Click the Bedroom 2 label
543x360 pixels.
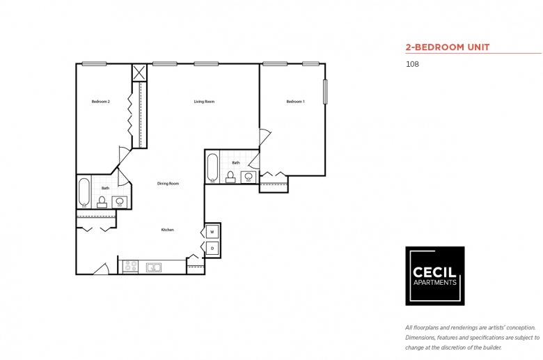[101, 102]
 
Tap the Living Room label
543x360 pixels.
[204, 102]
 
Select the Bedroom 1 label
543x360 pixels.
[295, 102]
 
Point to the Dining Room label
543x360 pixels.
[168, 184]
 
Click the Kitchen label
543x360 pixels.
[168, 230]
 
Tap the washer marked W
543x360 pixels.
[212, 232]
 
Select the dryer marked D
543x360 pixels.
[212, 248]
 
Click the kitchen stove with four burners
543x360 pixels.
[131, 267]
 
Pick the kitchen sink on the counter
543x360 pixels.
[153, 267]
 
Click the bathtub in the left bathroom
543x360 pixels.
[84, 193]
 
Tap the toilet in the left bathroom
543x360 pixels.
[102, 203]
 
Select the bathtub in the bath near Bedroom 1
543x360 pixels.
[212, 168]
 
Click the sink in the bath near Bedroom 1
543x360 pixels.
[249, 177]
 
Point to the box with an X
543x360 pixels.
[139, 72]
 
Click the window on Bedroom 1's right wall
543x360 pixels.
[325, 92]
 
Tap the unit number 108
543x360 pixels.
[412, 64]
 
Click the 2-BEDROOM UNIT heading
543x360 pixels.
[448, 47]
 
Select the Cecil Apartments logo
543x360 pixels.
[435, 276]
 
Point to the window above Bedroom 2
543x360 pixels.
[94, 64]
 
